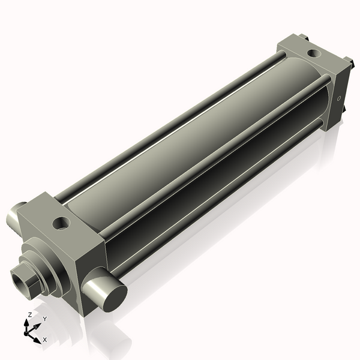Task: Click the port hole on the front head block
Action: click(61, 224)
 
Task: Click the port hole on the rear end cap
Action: click(313, 53)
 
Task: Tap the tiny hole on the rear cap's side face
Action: click(339, 98)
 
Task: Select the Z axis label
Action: click(29, 314)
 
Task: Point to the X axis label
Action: click(44, 340)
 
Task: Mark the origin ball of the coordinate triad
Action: click(27, 332)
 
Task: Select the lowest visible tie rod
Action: click(216, 198)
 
